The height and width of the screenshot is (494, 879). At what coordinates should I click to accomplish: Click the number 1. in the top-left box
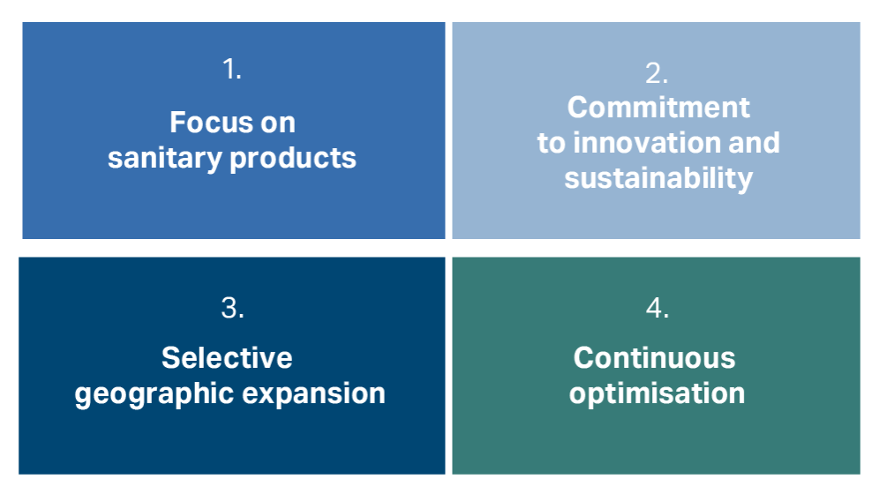point(232,69)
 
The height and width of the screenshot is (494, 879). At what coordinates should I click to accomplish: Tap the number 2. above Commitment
point(657,73)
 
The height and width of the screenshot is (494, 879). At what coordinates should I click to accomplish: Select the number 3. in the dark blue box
point(232,308)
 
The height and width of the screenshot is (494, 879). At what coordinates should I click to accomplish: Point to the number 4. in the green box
point(657,308)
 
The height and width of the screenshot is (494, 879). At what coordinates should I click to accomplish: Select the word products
point(293,158)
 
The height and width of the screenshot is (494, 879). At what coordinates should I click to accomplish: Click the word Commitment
point(658,107)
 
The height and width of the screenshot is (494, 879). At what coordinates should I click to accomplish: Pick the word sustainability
point(658,178)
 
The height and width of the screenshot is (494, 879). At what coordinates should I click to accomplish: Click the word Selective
point(227,357)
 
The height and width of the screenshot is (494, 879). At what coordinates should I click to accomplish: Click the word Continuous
point(654,357)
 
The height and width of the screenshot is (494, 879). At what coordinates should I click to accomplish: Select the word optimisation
point(657,393)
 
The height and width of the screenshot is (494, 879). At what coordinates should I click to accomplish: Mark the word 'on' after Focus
point(278,123)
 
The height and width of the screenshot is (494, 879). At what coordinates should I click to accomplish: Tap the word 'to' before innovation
point(552,144)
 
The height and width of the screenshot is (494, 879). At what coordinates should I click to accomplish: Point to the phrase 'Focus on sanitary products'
point(232,141)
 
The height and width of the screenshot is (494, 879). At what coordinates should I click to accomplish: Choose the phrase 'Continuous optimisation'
point(657,377)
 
